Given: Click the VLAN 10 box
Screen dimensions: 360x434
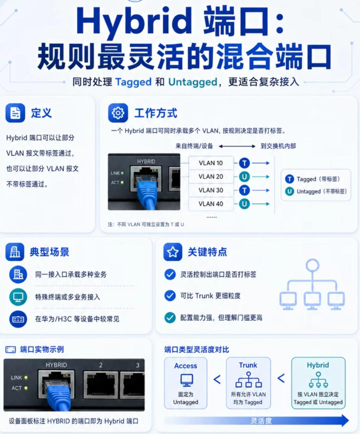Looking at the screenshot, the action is [211, 163].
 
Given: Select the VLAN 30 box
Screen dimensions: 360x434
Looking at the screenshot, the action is [211, 190].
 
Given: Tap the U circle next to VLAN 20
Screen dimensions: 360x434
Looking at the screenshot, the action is [244, 176].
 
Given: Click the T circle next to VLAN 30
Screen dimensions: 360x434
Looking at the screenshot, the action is [244, 190].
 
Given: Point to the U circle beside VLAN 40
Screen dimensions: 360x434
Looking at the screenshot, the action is [244, 204].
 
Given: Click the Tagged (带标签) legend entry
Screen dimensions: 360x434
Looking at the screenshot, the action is [312, 179].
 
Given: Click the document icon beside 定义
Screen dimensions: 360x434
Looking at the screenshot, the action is [15, 113].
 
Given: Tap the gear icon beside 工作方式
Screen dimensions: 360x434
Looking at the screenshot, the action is [118, 113].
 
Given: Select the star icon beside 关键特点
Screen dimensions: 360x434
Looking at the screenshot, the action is [173, 252].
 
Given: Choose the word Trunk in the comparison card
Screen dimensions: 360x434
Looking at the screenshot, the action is [248, 365].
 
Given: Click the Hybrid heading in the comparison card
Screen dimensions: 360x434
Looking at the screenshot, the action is [318, 365].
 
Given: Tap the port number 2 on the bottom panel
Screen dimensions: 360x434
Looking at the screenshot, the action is [101, 365].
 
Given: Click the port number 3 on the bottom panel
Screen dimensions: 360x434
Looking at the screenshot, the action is [137, 365].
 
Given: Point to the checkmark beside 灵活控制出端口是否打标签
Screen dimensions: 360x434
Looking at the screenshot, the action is [170, 274].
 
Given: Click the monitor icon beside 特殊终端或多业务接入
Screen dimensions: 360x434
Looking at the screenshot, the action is [18, 297].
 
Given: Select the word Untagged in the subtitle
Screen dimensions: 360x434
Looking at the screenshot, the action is [193, 82].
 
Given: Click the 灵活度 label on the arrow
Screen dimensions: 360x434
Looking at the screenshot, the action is [261, 421].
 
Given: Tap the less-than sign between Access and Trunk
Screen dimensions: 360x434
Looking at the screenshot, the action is [217, 379].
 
